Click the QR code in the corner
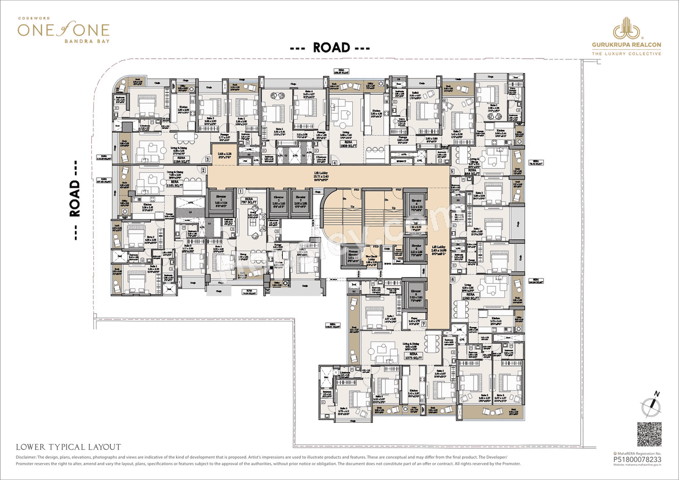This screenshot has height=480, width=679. pos(649,435)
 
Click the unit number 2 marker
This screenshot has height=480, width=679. pos(203,170)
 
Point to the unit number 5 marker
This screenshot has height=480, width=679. pos(452,172)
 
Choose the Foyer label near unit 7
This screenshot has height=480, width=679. pos(414,320)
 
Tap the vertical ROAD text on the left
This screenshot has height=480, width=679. pos(75,198)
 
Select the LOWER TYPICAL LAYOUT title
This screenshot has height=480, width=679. pos(68,447)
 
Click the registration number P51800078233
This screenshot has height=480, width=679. pos(638,460)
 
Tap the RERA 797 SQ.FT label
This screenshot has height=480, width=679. pos(248,202)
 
